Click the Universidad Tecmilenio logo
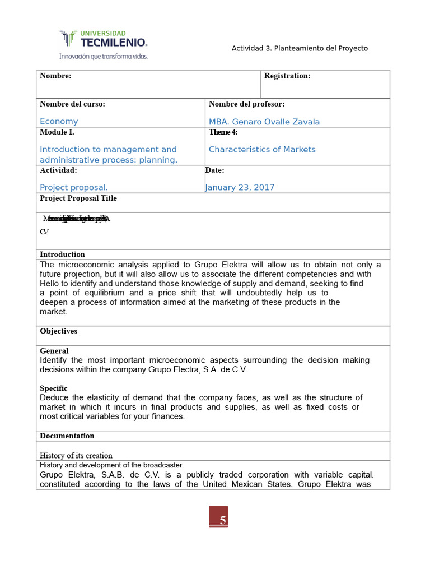point(103,39)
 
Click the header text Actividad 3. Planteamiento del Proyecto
point(300,48)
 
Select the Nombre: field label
point(55,76)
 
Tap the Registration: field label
point(287,76)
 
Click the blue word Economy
point(59,122)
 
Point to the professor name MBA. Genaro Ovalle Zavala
point(264,122)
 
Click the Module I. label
point(57,132)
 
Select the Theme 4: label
point(223,132)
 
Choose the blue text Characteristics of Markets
point(262,150)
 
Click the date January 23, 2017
point(240,188)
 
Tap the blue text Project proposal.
point(74,188)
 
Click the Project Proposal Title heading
point(78,198)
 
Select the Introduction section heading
point(62,254)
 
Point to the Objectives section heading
point(59,331)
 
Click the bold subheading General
point(54,351)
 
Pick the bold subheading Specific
point(54,388)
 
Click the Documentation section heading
point(67,436)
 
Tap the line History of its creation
point(76,456)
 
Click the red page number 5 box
point(218,517)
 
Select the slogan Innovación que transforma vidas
point(104,57)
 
